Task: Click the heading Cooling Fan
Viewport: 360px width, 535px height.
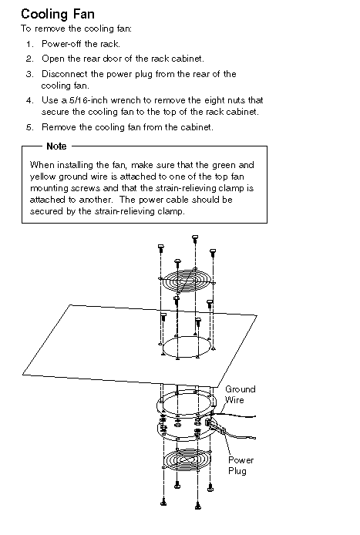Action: (x=58, y=15)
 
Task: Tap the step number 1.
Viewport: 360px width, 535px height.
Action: (x=30, y=44)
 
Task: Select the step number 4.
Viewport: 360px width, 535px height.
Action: (x=30, y=100)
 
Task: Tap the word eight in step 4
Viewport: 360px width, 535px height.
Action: (x=216, y=100)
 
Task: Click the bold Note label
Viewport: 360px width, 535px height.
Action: (x=56, y=146)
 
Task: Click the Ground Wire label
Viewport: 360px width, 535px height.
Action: (x=240, y=395)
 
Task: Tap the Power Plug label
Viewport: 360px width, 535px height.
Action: (x=241, y=466)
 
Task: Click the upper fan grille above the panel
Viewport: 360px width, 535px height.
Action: (x=187, y=281)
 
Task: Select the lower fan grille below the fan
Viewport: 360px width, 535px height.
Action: (x=187, y=460)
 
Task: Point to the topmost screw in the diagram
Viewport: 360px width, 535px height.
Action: (x=195, y=239)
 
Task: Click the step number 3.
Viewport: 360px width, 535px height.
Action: (x=30, y=74)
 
